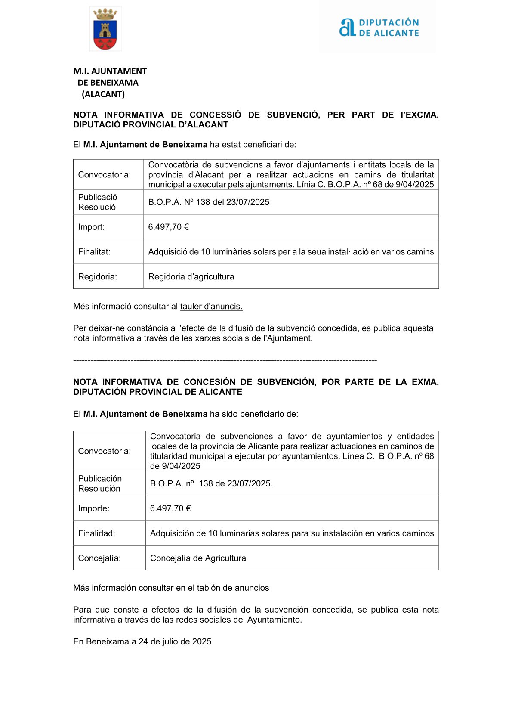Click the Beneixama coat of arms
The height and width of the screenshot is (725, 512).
[105, 29]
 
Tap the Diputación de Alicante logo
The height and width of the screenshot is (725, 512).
[379, 28]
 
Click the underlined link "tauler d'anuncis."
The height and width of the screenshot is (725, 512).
[211, 307]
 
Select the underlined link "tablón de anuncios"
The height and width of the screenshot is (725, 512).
[233, 588]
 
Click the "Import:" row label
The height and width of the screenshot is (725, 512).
[91, 227]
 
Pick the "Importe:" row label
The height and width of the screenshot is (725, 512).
[94, 508]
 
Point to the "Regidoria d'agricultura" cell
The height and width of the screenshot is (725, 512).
[191, 277]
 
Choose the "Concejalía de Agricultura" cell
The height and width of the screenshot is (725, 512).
[198, 558]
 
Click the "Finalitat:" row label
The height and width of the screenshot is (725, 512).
[94, 252]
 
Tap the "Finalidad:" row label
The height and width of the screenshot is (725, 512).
[96, 533]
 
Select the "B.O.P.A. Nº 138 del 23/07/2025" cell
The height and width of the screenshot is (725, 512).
[209, 202]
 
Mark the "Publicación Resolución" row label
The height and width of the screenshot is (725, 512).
[100, 483]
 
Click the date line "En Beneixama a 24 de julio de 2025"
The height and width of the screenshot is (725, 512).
[142, 642]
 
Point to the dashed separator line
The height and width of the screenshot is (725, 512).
[225, 360]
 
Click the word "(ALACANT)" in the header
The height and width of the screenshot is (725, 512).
[103, 94]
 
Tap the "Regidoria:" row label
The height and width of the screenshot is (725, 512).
[97, 277]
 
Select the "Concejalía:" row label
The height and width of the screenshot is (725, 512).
[99, 558]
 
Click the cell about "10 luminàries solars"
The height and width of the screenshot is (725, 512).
[291, 252]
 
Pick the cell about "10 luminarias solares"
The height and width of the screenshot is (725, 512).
[292, 533]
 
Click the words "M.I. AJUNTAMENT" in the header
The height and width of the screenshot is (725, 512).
[110, 71]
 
